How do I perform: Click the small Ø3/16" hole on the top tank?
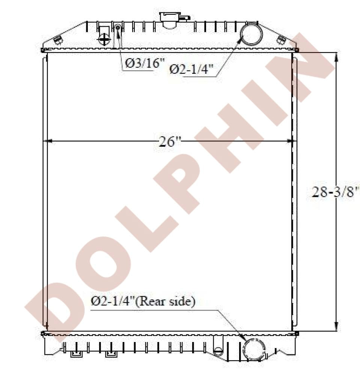[118, 27]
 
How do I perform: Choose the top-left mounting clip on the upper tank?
[58, 39]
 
